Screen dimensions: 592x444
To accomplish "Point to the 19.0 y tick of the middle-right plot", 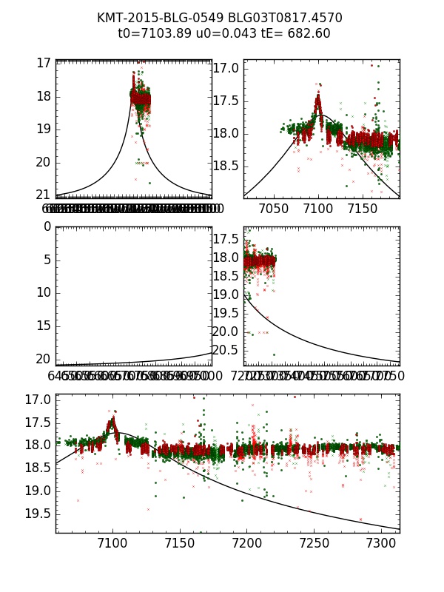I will click(227, 295).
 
